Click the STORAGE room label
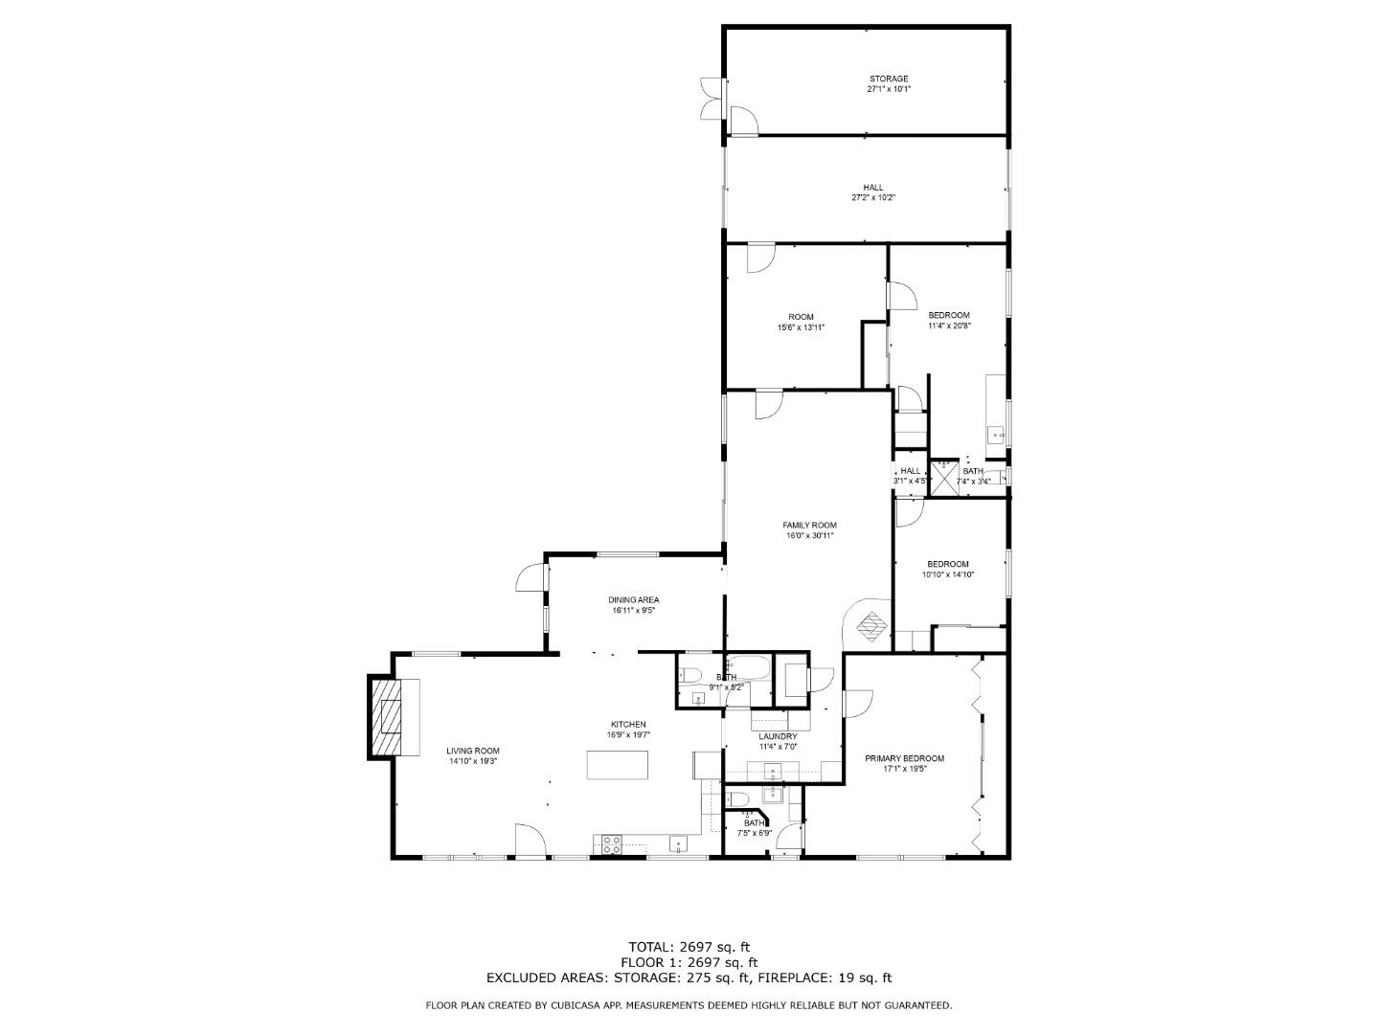pos(888,79)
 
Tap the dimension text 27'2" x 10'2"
pos(872,198)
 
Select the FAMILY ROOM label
pos(809,525)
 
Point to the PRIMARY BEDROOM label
pos(904,758)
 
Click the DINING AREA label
pos(633,600)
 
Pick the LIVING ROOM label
pos(473,751)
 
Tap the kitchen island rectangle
pos(617,766)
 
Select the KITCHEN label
pos(628,725)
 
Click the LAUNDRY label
pos(778,736)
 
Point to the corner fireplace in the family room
pos(870,626)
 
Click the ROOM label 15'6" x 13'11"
pos(801,317)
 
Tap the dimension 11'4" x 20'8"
pos(948,326)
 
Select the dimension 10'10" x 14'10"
pos(947,575)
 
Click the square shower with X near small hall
pos(945,476)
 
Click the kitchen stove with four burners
pos(609,844)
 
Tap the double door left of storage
pos(712,98)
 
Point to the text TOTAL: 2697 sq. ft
pos(689,947)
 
